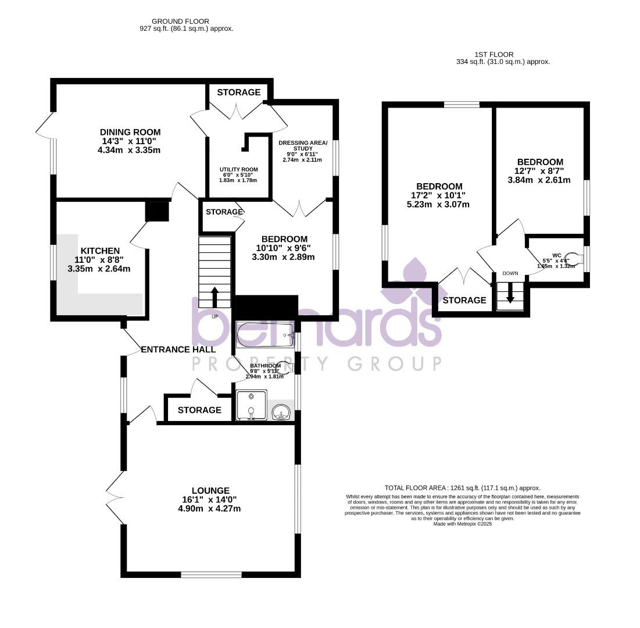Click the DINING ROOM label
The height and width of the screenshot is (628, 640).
tap(130, 132)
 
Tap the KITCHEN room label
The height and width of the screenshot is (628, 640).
tap(100, 251)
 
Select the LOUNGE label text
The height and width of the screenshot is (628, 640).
tap(210, 490)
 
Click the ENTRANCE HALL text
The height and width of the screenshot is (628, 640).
tap(178, 349)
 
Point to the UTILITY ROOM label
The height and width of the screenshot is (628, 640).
tap(238, 170)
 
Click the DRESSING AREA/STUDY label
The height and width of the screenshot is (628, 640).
tap(303, 147)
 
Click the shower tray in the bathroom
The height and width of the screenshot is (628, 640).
tap(252, 406)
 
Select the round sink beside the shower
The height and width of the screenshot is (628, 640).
tap(282, 412)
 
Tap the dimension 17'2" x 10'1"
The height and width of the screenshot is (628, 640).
tap(439, 195)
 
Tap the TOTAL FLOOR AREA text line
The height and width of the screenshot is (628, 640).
tap(462, 488)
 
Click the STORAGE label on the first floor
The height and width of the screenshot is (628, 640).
tap(464, 300)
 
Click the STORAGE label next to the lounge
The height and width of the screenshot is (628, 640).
tap(199, 410)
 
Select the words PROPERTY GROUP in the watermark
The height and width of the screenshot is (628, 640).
tap(317, 364)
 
